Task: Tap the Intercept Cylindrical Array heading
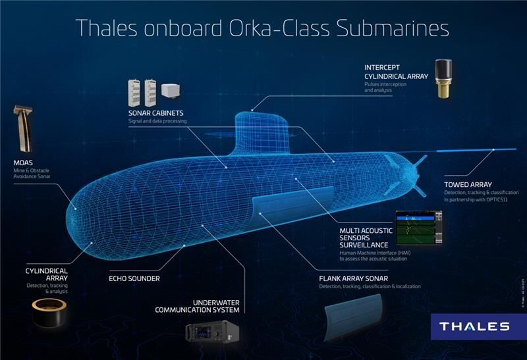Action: [x=396, y=72]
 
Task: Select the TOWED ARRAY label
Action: [x=468, y=185]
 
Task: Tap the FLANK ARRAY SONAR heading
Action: [x=352, y=278]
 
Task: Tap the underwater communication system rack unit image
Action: [x=210, y=339]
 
